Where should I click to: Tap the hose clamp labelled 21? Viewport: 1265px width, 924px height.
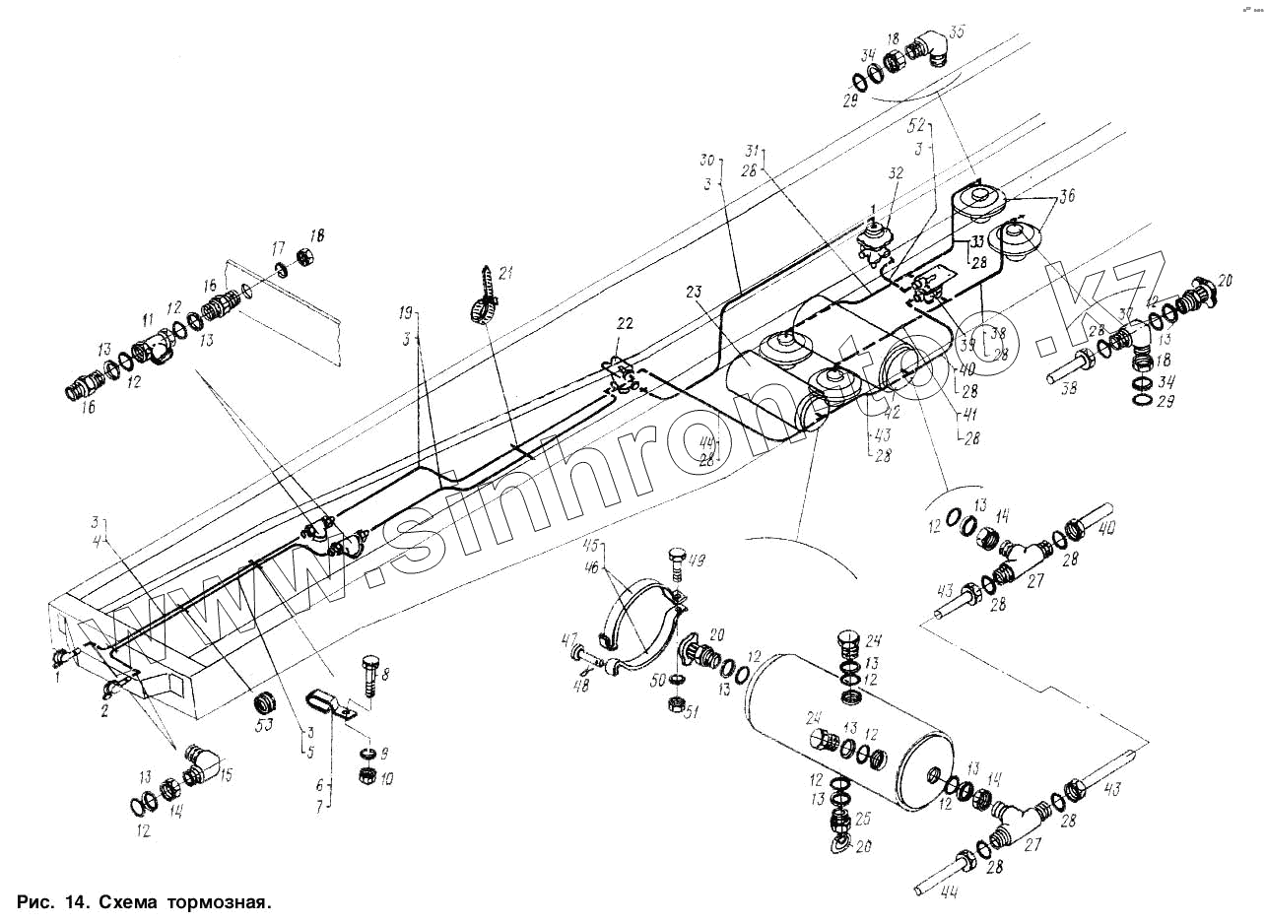click(482, 308)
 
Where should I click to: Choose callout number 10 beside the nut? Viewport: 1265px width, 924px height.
click(385, 779)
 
